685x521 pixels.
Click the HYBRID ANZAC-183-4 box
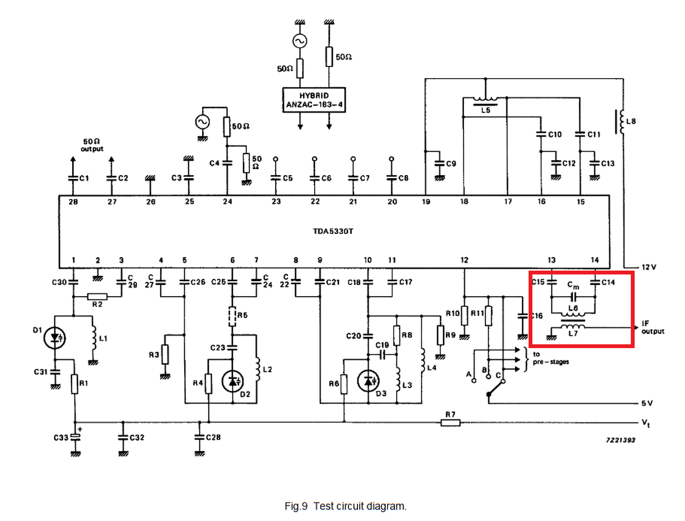314,100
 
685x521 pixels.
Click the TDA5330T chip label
333,231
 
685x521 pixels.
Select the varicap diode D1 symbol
55,337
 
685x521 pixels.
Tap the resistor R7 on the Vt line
450,422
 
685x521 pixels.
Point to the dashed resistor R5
232,316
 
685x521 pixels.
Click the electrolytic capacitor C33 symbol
75,437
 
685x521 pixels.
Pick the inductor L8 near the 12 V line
620,122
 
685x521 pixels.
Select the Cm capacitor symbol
573,297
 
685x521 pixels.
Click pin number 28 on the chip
73,202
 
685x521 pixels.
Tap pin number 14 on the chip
595,260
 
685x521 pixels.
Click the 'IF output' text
652,327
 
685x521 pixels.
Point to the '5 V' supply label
646,403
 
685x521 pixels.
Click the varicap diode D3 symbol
368,381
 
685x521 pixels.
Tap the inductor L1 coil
93,337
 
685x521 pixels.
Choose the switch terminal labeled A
474,381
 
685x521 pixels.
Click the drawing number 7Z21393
621,440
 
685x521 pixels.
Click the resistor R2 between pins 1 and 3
97,297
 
